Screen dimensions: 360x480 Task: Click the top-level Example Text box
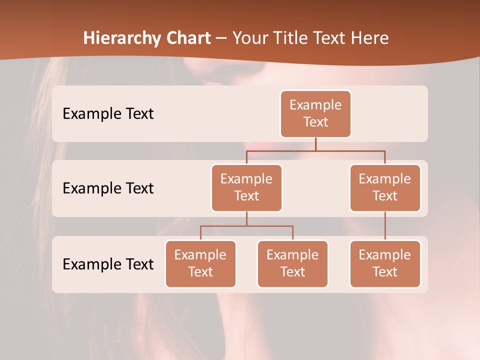315,113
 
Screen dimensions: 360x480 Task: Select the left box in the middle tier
246,187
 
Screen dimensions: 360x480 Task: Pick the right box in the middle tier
385,187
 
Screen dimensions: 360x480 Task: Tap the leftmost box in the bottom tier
200,263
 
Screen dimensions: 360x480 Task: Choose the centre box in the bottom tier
292,263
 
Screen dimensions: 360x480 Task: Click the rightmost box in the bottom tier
385,263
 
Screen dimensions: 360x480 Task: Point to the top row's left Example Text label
108,114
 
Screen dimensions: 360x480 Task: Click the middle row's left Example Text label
108,188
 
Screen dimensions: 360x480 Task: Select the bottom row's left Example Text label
108,264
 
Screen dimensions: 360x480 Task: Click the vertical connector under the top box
315,144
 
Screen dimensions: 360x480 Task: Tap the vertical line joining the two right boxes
385,226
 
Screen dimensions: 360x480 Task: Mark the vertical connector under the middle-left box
246,219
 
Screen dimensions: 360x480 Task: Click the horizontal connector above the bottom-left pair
246,226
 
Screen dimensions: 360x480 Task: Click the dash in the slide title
221,38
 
